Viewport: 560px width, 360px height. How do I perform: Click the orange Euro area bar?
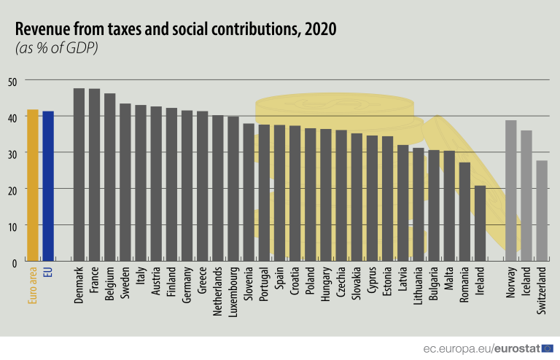[33, 185]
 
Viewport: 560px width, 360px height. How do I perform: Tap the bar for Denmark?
[79, 174]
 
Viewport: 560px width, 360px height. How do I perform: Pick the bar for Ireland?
[480, 223]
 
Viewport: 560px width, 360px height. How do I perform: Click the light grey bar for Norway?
[510, 190]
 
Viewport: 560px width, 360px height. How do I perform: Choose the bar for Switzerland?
[542, 211]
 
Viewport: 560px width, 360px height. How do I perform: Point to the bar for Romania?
[464, 211]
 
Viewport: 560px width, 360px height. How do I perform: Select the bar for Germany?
[187, 185]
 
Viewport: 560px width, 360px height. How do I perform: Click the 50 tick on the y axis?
[12, 80]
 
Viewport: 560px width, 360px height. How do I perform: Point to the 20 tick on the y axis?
[12, 189]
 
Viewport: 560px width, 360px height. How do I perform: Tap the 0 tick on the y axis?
[14, 261]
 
